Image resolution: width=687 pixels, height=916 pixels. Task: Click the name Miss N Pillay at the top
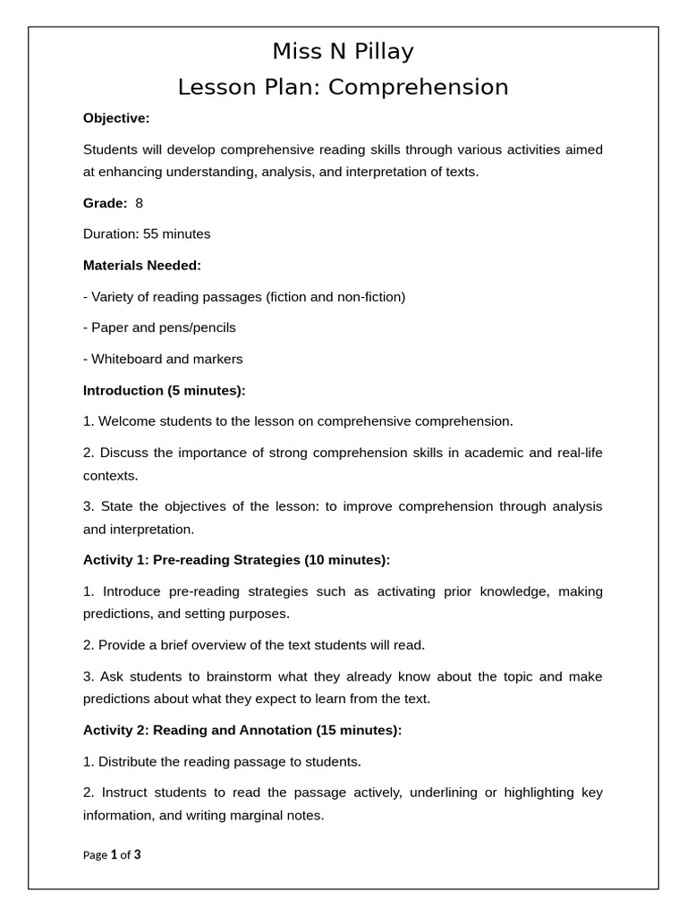click(x=343, y=52)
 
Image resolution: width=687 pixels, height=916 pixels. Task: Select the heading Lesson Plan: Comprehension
click(x=343, y=88)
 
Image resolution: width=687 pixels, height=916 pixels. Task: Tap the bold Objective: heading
click(x=116, y=118)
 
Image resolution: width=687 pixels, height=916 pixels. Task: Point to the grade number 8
click(x=139, y=203)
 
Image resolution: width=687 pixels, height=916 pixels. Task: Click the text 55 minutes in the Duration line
click(x=176, y=234)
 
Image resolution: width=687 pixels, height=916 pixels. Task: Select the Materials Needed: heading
click(x=142, y=266)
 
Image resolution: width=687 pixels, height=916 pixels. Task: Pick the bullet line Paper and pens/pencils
click(x=161, y=327)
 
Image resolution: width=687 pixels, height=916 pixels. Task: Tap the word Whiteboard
click(x=126, y=359)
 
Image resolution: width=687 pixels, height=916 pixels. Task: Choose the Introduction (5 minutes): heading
click(x=164, y=390)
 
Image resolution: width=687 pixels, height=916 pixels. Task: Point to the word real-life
click(x=578, y=453)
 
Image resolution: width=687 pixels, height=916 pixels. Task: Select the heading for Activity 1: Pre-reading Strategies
click(x=236, y=560)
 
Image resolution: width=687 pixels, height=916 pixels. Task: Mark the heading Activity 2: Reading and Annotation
click(x=242, y=730)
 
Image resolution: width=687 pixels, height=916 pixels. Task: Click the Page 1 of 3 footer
click(x=112, y=855)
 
